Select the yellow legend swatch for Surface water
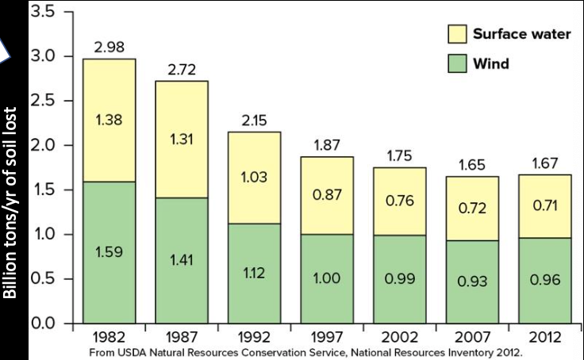456,35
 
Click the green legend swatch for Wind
456,63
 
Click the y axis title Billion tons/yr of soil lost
12,203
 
